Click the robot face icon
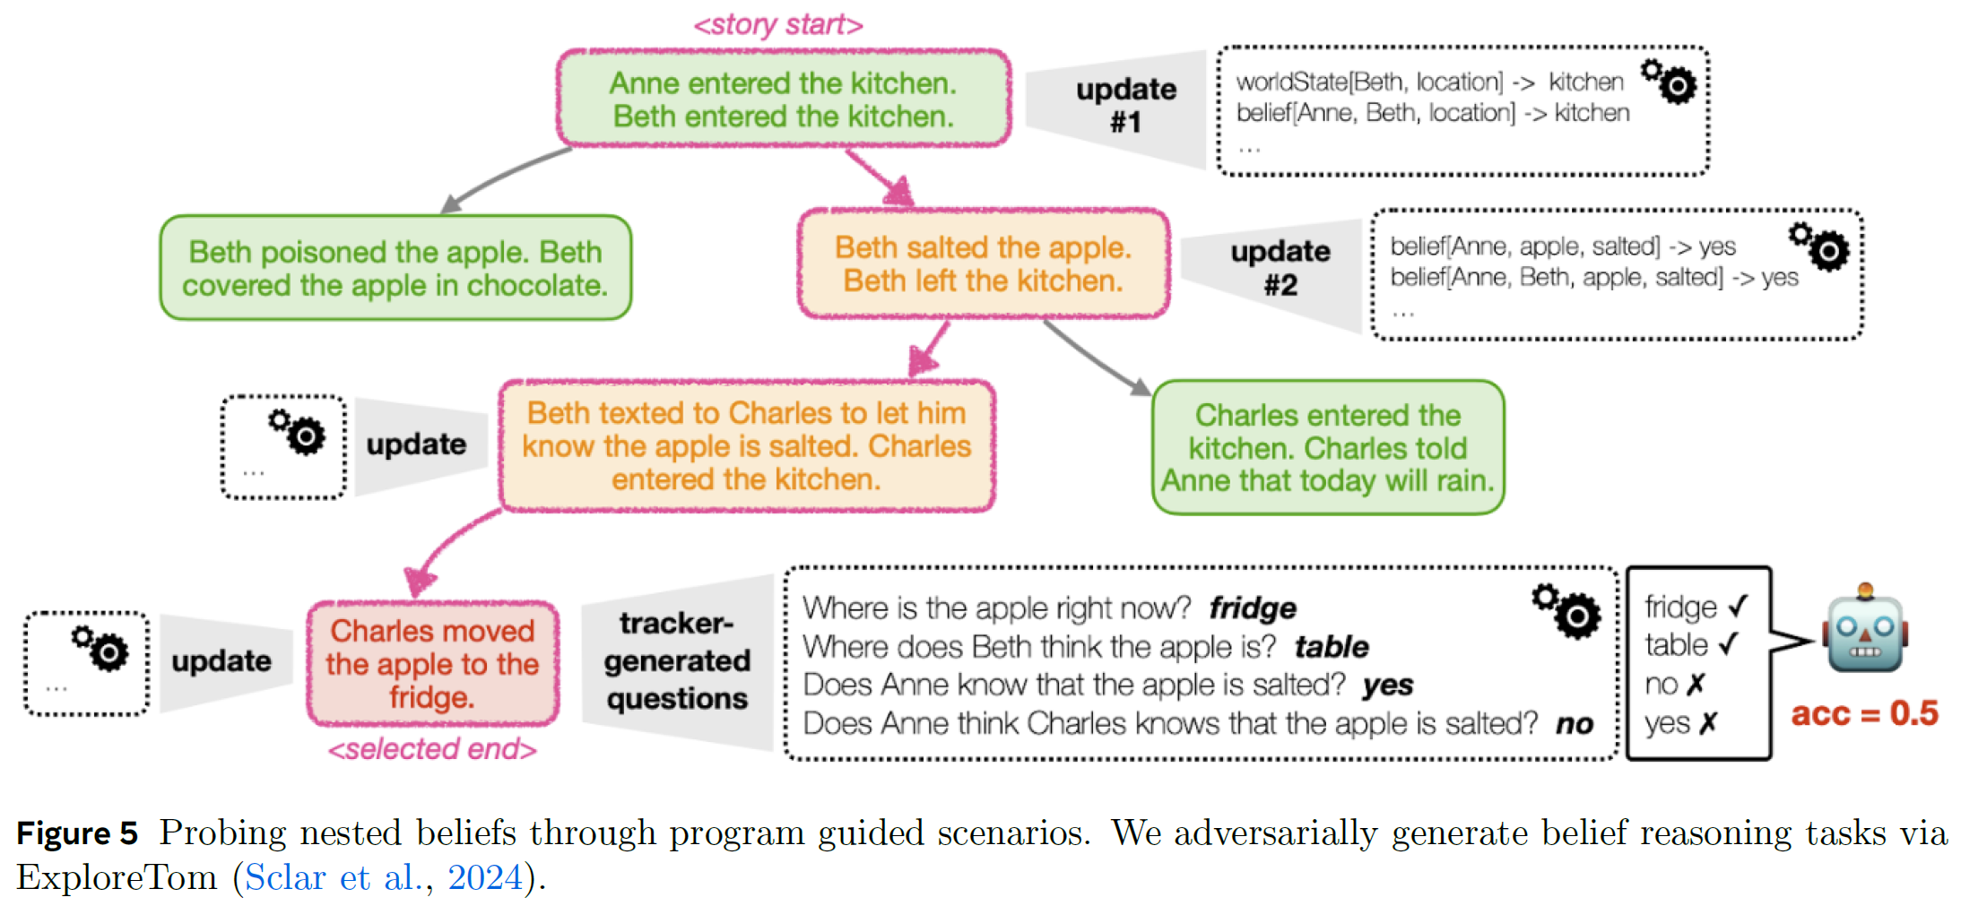pos(1865,633)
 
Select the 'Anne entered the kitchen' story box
pos(783,99)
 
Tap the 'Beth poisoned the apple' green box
pos(395,268)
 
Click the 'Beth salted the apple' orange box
pos(983,264)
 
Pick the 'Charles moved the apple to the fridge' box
pos(432,664)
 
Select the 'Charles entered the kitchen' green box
pos(1327,448)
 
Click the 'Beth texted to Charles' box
pos(746,446)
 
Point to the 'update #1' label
pos(1125,105)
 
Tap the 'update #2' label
pos(1280,268)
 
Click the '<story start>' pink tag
pos(777,24)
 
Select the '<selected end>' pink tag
pos(432,749)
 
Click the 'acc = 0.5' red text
pos(1864,714)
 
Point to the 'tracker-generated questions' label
pos(676,661)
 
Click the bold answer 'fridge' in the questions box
pos(1252,608)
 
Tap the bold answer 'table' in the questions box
pos(1331,647)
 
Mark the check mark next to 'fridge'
pos(1738,607)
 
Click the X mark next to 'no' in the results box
pos(1695,686)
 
